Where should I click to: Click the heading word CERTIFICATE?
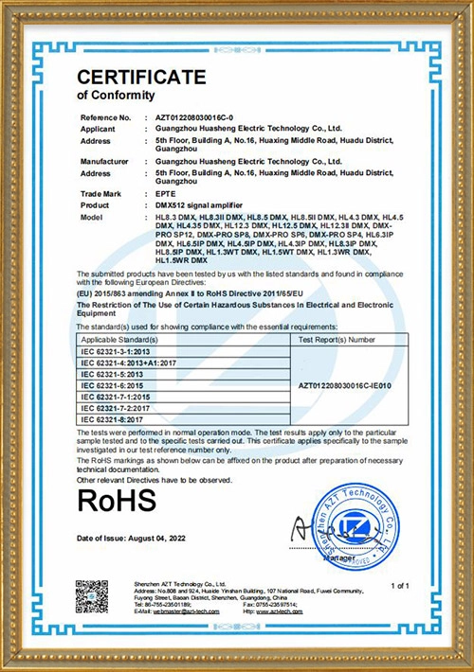point(141,77)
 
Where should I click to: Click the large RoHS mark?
point(116,500)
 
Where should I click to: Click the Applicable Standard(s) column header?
point(119,337)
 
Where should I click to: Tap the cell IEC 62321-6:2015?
point(110,384)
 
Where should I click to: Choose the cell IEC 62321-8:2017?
point(110,418)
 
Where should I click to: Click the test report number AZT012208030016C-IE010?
point(338,384)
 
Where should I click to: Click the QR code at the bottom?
point(92,595)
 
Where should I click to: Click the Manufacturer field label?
point(105,162)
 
